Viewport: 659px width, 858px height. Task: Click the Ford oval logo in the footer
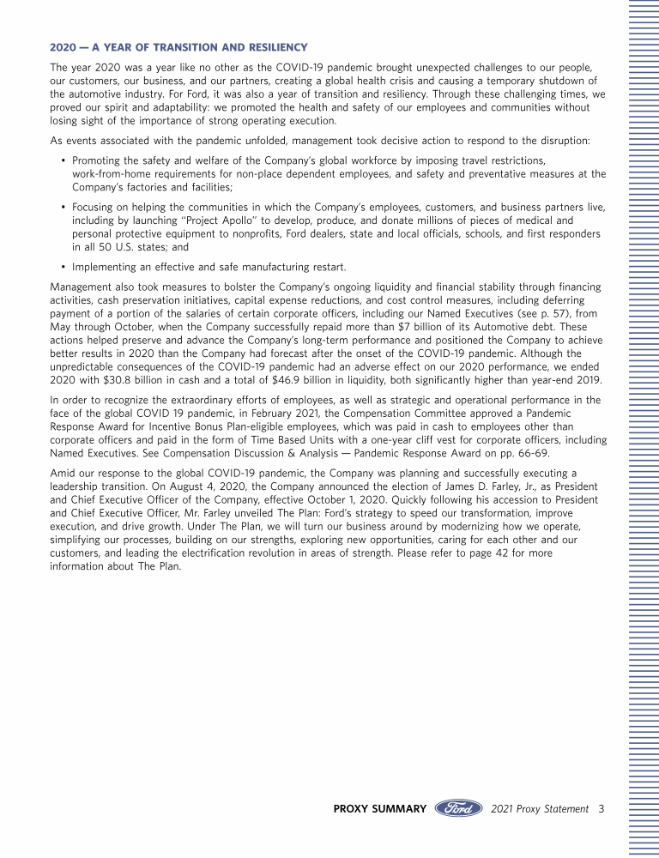[x=459, y=808]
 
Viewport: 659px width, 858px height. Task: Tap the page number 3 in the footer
[x=602, y=808]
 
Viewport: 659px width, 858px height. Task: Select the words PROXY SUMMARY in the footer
[x=379, y=808]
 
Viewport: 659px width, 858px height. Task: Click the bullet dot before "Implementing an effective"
[x=63, y=266]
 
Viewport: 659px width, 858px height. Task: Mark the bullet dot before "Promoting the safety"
[x=63, y=160]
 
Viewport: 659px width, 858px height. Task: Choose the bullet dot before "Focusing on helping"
[x=63, y=208]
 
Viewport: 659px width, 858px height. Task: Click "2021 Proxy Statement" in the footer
[x=540, y=808]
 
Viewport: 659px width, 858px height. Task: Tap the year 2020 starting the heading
[x=63, y=46]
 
